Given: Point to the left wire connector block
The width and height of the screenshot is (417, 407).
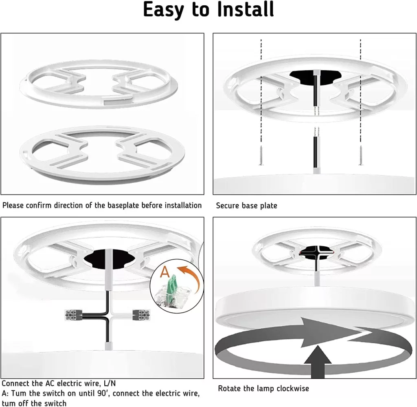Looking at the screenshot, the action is tap(73, 314).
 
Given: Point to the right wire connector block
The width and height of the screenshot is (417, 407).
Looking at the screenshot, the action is tap(141, 314).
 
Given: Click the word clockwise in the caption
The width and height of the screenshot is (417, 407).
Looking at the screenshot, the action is tap(293, 388).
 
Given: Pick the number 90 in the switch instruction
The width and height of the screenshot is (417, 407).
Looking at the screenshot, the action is tap(101, 393).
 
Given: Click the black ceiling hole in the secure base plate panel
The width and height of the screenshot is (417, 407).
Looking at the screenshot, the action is tap(316, 76).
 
